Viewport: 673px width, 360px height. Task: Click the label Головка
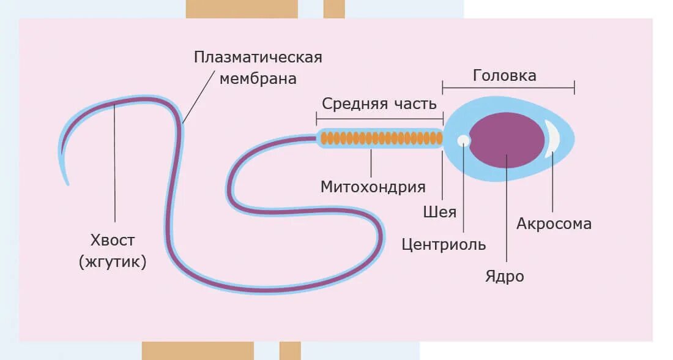505,75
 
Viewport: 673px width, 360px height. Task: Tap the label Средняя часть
379,103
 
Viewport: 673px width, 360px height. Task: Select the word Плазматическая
258,58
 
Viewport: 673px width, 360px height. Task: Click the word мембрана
258,79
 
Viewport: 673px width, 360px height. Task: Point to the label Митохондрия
373,187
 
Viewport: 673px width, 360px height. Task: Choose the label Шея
440,212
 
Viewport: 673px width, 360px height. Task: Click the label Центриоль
444,245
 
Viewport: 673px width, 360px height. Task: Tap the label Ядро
505,276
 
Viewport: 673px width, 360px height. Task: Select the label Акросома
554,223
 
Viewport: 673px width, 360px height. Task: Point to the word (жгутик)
113,262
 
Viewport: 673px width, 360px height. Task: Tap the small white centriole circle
464,140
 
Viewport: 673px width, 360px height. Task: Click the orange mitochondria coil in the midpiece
379,138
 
